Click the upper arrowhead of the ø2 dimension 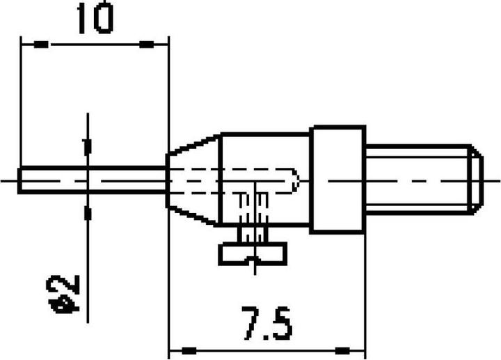coord(87,148)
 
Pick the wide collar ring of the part coord(338,179)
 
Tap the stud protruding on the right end coord(417,179)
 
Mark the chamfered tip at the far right coord(475,179)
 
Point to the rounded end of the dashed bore coord(296,179)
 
